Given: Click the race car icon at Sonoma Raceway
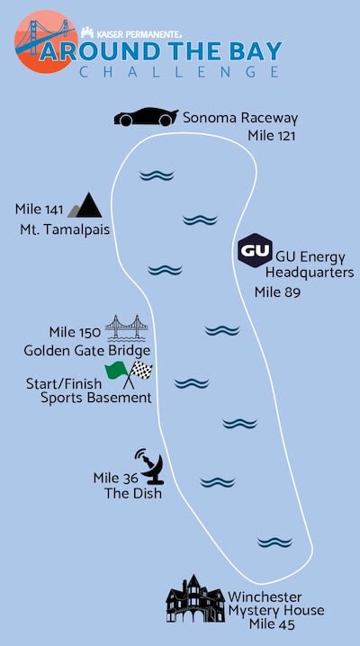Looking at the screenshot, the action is coord(146,117).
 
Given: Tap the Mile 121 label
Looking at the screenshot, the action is coord(272,136).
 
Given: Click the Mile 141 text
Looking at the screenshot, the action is coord(39,210).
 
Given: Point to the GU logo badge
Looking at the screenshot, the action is coord(255,250).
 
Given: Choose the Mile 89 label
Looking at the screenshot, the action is coord(277,292).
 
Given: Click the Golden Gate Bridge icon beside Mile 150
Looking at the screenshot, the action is coord(127,328).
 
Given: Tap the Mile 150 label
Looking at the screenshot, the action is coord(75,332).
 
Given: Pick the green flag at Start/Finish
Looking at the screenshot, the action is coord(117,372).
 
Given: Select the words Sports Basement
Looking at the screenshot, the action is coord(96,399).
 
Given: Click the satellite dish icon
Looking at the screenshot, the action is coord(149,467).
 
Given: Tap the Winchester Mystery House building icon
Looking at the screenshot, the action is coord(195,599).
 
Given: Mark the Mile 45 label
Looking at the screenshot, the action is coord(272,624).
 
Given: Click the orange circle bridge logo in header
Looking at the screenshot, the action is coord(46,41).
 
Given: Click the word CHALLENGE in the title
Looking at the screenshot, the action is coord(179,72).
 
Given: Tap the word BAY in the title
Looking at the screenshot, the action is coord(256,52).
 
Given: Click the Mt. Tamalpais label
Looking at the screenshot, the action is coord(65,229).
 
